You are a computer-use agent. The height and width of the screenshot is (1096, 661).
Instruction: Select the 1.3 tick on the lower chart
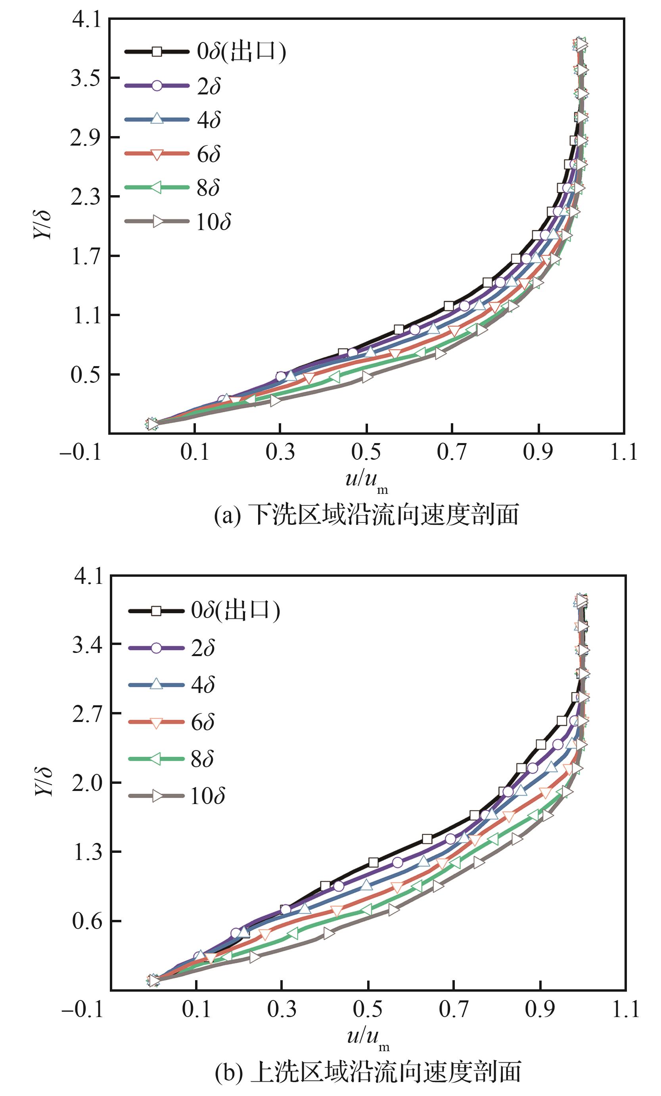[87, 852]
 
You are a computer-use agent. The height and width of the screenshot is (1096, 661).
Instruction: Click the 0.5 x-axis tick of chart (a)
[366, 452]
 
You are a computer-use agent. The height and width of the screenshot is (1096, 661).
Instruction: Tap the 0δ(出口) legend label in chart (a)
[241, 52]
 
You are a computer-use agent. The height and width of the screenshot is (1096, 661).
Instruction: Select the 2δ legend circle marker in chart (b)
[156, 648]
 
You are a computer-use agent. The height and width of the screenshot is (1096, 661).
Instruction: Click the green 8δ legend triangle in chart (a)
[156, 188]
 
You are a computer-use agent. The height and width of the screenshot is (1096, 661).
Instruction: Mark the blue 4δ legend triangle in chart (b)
[156, 684]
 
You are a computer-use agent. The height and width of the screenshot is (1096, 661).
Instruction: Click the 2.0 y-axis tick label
[87, 783]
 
